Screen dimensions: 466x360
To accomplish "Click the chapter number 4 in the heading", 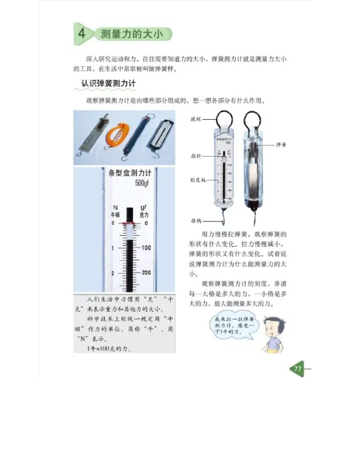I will pos(81,34).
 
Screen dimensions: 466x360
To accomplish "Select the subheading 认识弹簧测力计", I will pos(108,83).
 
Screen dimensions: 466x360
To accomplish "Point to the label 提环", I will pos(196,119).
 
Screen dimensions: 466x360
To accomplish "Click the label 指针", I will pos(196,156).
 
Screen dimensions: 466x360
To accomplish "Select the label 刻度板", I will pos(198,180).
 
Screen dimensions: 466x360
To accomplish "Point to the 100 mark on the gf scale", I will pos(146,248).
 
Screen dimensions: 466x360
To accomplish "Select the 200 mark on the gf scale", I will pos(146,273).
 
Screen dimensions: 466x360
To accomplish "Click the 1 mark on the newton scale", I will pos(112,248).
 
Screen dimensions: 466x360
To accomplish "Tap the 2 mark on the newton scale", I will pos(112,273).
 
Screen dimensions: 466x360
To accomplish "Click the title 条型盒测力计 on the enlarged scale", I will pos(130,173).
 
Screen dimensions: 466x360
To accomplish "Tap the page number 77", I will pos(297,369).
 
